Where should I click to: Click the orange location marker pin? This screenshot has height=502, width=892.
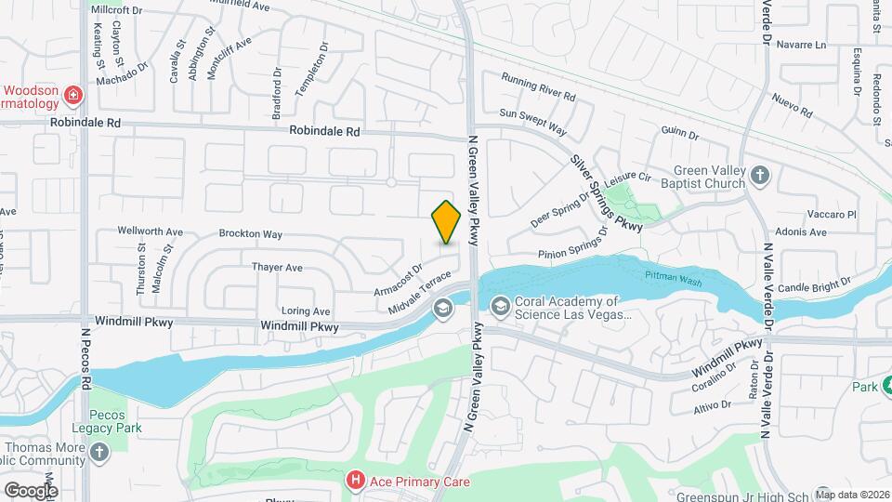[x=447, y=222]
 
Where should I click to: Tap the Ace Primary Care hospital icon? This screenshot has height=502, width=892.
[x=354, y=481]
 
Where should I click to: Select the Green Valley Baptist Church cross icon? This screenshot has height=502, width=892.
[x=760, y=174]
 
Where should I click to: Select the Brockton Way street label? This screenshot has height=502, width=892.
[x=250, y=235]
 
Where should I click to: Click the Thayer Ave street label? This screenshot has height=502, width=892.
[x=277, y=268]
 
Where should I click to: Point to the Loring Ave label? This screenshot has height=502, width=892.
[x=306, y=311]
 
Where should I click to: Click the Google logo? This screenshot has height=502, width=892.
[x=30, y=489]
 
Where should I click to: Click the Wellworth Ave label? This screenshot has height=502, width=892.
[x=150, y=231]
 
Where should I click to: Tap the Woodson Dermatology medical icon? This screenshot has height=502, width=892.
[x=73, y=95]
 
